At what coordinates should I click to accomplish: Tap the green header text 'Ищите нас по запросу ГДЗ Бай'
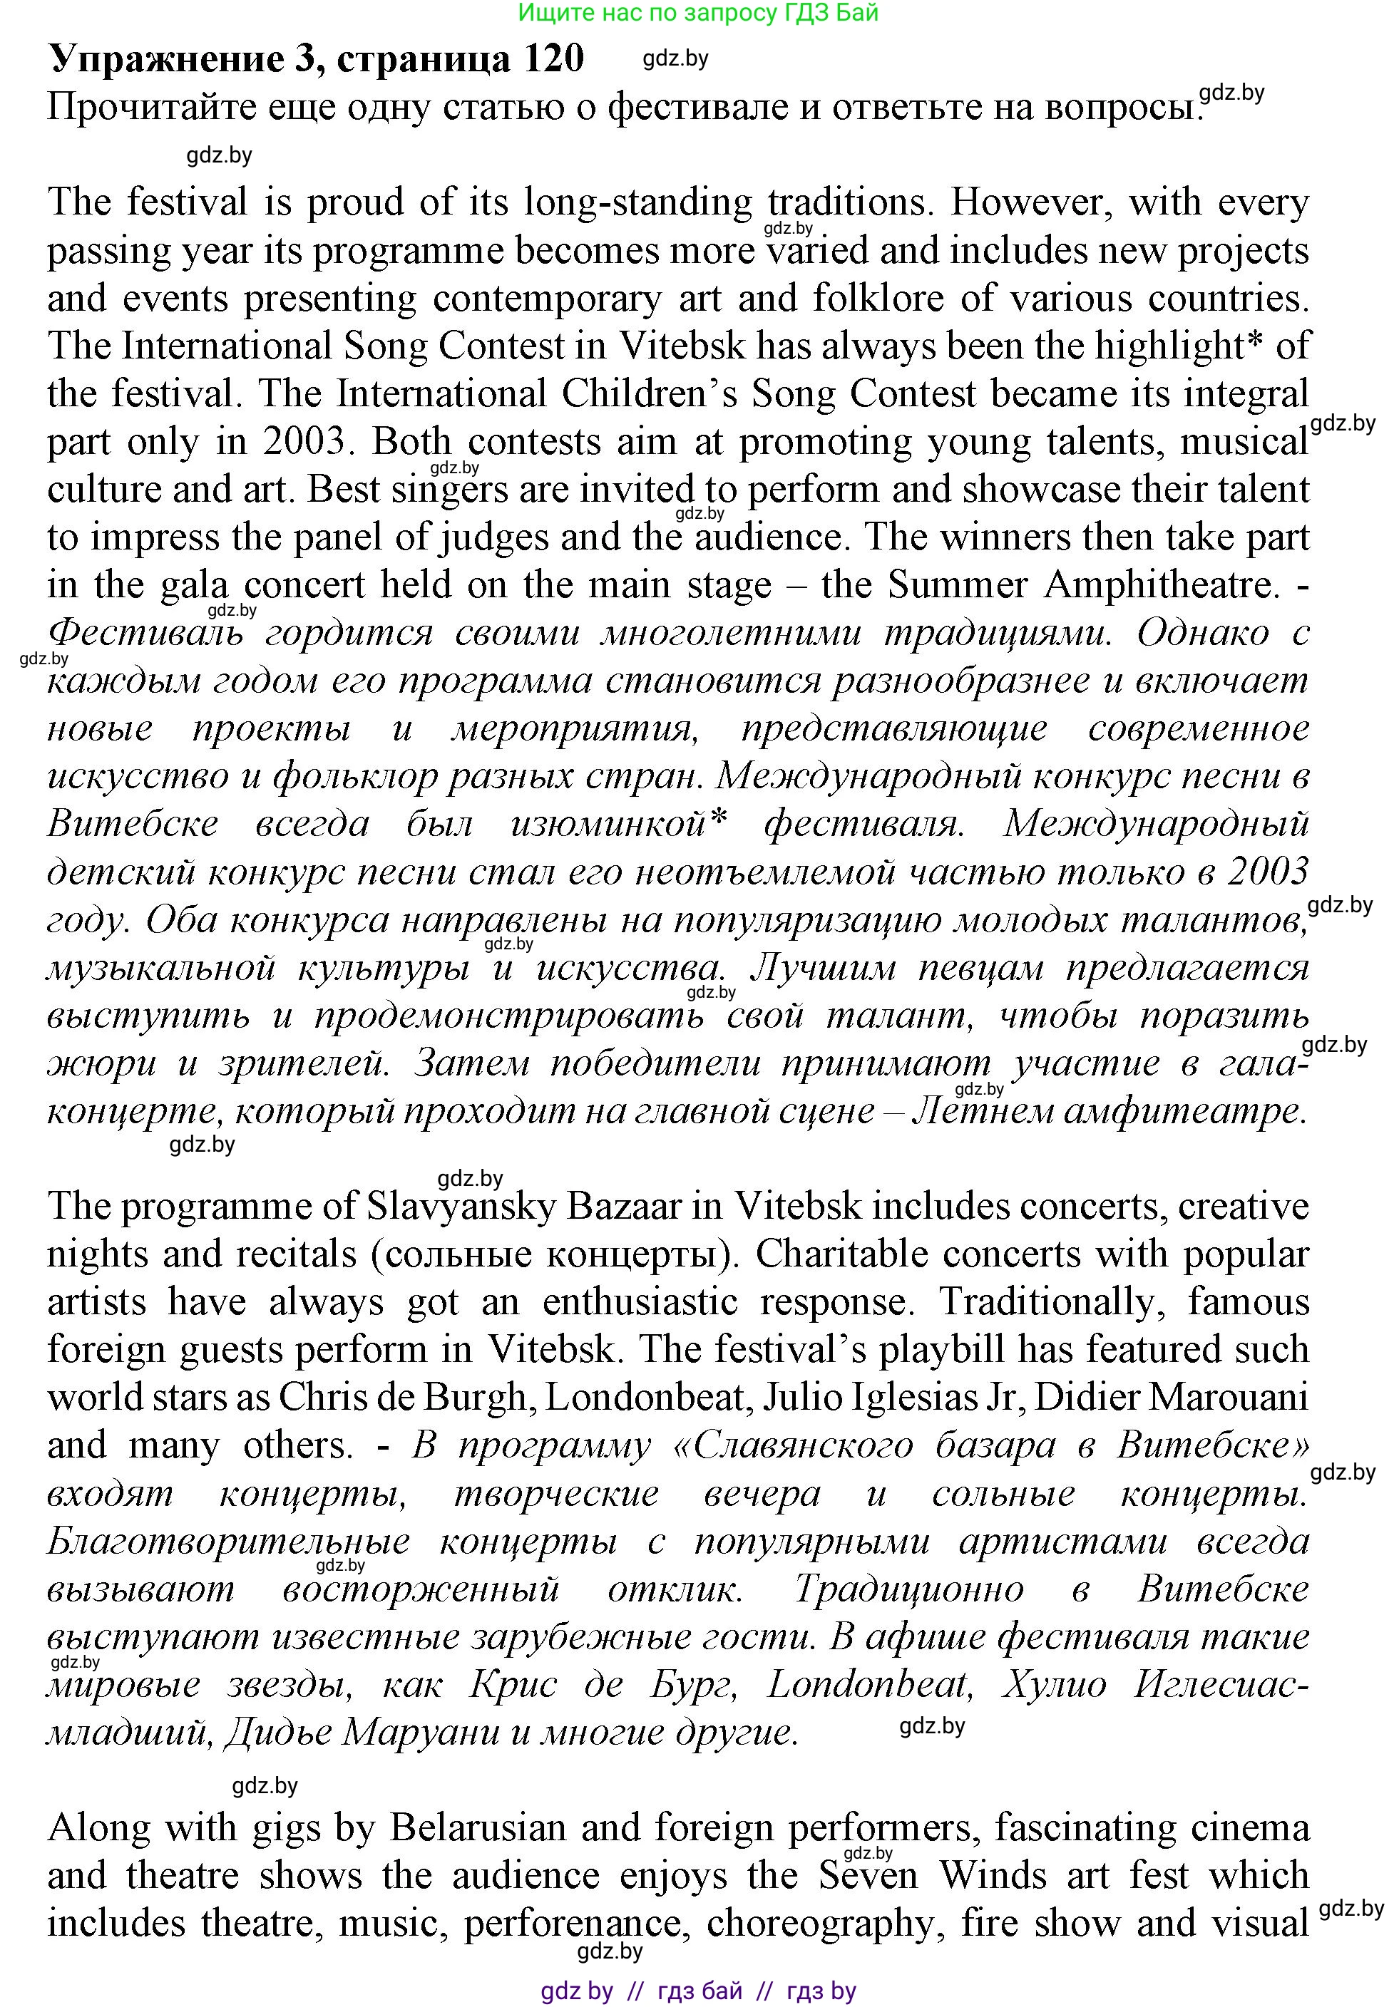(698, 12)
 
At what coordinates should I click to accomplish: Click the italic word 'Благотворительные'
(228, 1541)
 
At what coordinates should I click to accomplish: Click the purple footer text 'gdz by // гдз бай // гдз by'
(698, 1991)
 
